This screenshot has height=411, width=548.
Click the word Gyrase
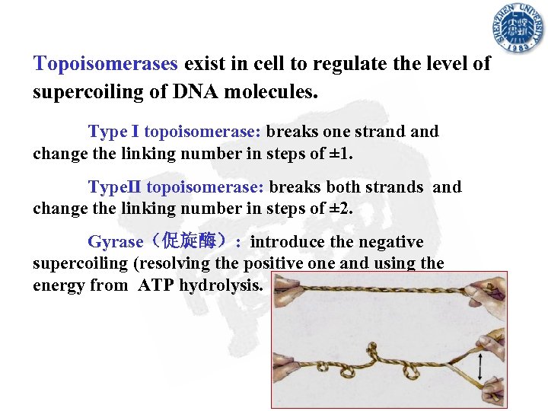(x=116, y=242)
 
